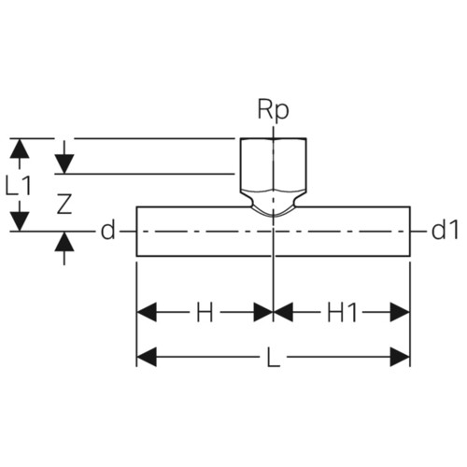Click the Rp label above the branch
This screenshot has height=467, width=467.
pos(273,110)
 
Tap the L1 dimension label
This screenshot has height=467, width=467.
pos(19,186)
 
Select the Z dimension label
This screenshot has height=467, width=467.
pos(64,204)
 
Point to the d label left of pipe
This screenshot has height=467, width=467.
pos(107,231)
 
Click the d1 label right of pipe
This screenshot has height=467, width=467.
pos(445,231)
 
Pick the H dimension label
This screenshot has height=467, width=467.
pos(205,312)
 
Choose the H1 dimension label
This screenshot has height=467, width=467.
pos(342,312)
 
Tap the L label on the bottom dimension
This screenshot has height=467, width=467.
pos(274,357)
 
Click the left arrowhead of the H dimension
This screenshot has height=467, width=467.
pos(147,312)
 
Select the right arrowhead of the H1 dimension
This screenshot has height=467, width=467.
pos(400,312)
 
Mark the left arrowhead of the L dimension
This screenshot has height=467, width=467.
pos(147,357)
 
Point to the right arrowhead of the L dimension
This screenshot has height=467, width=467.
pos(400,357)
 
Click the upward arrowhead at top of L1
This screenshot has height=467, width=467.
pos(20,149)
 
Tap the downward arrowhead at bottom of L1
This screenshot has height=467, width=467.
pos(20,221)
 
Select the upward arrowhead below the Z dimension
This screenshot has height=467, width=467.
pos(64,242)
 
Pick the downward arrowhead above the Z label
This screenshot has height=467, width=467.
pos(64,163)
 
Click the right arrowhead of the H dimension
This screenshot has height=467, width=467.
pos(263,312)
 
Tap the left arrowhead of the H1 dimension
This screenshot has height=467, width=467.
pos(284,312)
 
